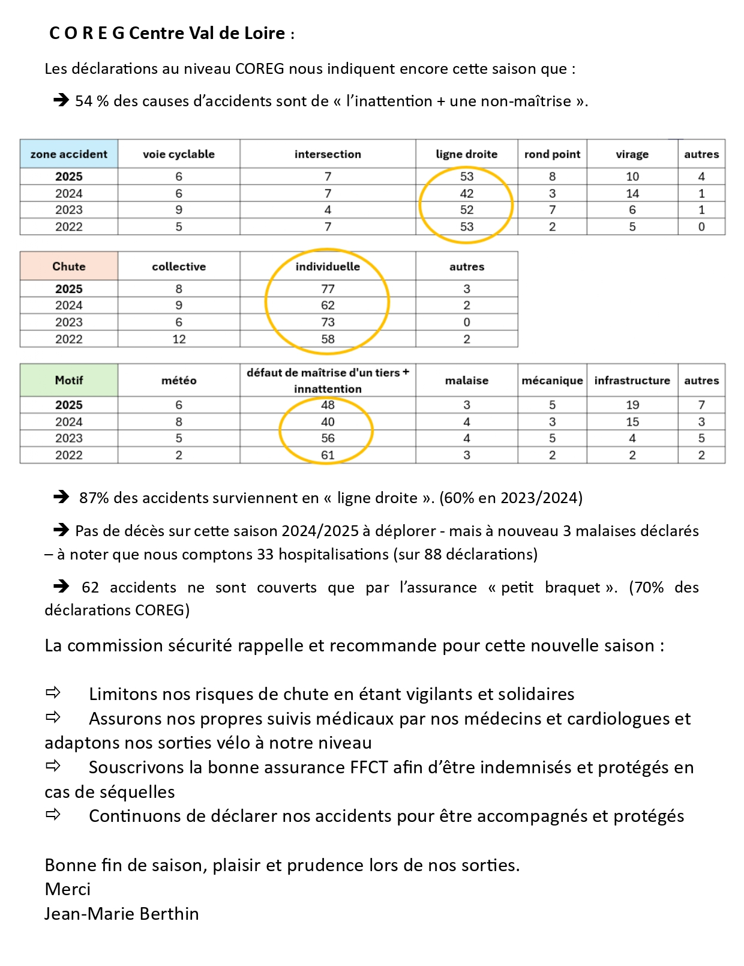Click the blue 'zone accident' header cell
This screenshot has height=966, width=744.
pos(69,154)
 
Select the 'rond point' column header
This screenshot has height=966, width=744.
pos(552,154)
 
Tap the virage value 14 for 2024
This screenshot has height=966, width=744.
pos(632,193)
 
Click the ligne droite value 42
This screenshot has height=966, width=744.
pos(466,193)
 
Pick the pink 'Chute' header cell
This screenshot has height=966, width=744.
pos(69,267)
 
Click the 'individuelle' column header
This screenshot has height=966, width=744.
pos(328,267)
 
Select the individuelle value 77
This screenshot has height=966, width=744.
pos(328,289)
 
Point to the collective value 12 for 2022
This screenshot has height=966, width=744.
pos(179,339)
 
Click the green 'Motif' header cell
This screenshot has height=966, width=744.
pos(69,381)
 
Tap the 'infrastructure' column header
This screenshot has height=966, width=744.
pos(632,381)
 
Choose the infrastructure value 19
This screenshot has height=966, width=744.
pos(632,405)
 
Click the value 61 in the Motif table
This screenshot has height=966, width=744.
pos(328,455)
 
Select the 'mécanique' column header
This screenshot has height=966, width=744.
pos(552,381)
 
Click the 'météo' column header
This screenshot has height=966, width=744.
pos(179,381)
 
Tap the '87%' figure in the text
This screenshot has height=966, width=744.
pos(94,498)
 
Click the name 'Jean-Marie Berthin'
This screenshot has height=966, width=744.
pos(121,914)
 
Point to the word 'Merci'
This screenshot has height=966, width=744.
pos(67,889)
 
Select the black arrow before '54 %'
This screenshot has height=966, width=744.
pos(61,100)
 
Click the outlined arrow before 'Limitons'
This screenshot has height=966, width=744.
pos(53,693)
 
